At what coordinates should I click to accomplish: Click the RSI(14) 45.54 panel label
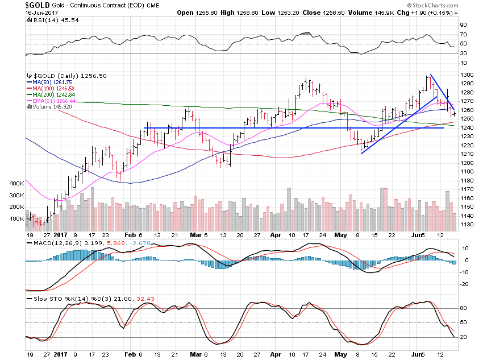(x=46, y=20)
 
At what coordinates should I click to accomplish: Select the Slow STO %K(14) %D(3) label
(x=71, y=298)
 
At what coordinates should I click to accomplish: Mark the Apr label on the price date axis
(x=276, y=234)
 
